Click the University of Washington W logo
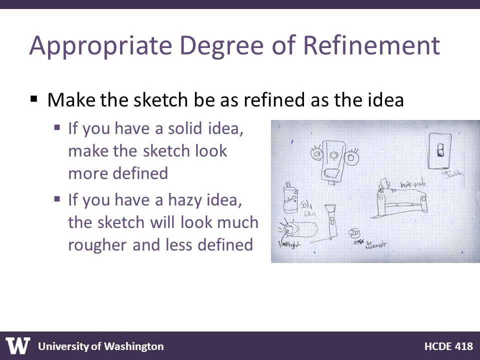tap(18, 345)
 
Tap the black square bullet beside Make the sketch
tap(34, 99)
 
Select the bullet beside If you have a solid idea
tap(57, 128)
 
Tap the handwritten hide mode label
tap(412, 185)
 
